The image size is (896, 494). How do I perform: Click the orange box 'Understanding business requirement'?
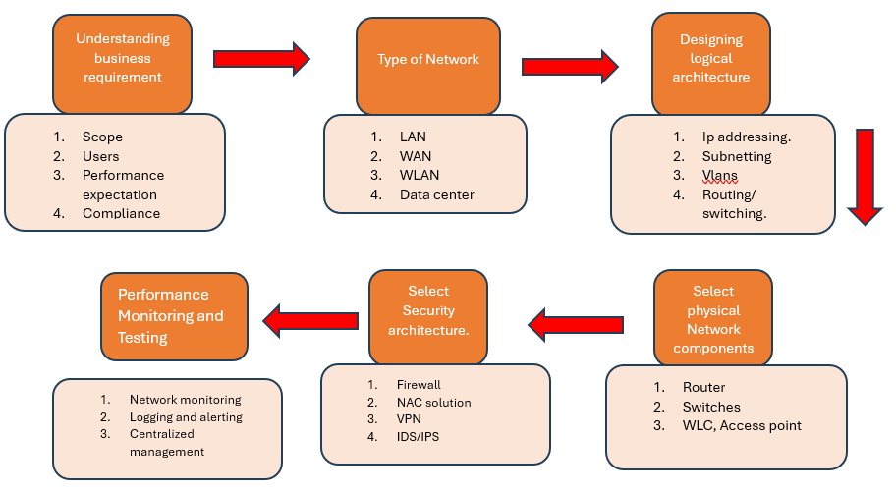click(123, 59)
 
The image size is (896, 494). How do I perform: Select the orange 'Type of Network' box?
click(428, 61)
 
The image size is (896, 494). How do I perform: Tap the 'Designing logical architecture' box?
click(711, 59)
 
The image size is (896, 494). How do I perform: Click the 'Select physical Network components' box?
click(713, 319)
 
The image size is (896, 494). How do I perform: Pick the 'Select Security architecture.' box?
click(428, 310)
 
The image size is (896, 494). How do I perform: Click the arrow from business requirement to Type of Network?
click(260, 59)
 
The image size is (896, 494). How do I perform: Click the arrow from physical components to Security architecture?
click(579, 323)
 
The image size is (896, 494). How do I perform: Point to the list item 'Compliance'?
click(121, 213)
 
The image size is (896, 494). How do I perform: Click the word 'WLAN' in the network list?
click(418, 176)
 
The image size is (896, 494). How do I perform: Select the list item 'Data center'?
click(436, 194)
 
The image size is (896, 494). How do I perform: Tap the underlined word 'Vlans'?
click(720, 176)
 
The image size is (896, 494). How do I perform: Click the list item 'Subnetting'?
click(737, 156)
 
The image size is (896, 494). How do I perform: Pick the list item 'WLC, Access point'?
click(742, 425)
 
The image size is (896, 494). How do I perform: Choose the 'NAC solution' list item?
click(433, 403)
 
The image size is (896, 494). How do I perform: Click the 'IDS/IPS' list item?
click(419, 437)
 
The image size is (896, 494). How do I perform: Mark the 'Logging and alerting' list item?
click(186, 417)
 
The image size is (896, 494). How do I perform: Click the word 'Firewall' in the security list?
click(419, 385)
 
